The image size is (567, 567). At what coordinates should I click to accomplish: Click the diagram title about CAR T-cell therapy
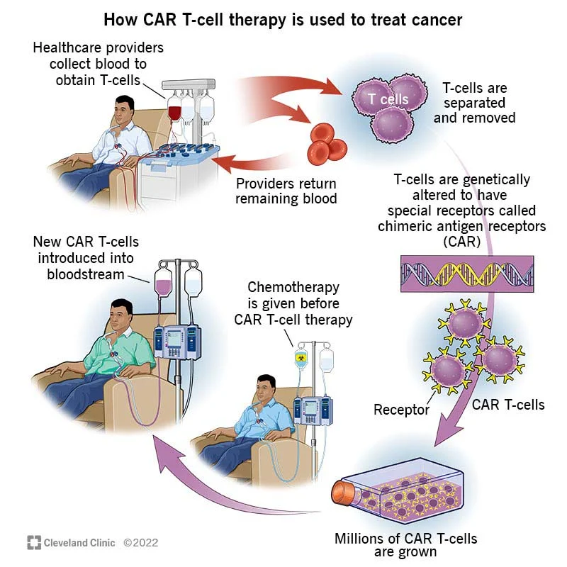283,19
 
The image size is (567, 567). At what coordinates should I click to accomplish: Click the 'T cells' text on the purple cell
388,99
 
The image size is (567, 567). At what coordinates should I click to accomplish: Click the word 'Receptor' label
402,410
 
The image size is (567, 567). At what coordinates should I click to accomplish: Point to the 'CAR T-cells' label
508,405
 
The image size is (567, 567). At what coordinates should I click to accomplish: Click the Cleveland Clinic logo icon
34,543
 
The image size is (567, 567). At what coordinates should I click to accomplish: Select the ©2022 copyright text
140,543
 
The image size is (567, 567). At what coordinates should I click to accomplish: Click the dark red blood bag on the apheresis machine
174,112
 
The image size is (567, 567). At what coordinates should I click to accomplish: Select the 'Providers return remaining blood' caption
286,191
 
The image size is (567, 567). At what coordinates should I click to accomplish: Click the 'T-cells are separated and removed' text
474,103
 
